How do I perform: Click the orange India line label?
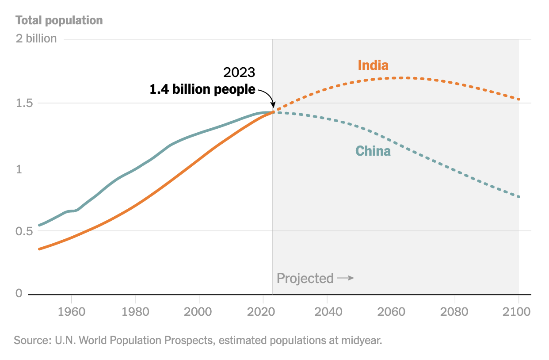tap(373, 65)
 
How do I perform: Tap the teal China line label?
tap(373, 151)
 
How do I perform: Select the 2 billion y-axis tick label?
tap(36, 38)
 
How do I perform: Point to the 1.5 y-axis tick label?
tap(25, 103)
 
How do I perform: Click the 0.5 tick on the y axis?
tap(25, 231)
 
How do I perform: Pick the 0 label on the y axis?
tap(19, 293)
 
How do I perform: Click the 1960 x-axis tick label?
tap(71, 311)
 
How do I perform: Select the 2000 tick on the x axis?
tap(199, 311)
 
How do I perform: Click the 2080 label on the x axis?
tap(454, 311)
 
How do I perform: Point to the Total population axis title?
tap(59, 20)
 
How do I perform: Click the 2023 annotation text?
tap(239, 73)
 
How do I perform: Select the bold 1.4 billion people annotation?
tap(202, 89)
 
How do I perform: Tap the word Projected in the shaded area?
tap(305, 278)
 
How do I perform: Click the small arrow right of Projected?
tap(346, 278)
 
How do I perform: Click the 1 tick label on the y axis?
tap(19, 167)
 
